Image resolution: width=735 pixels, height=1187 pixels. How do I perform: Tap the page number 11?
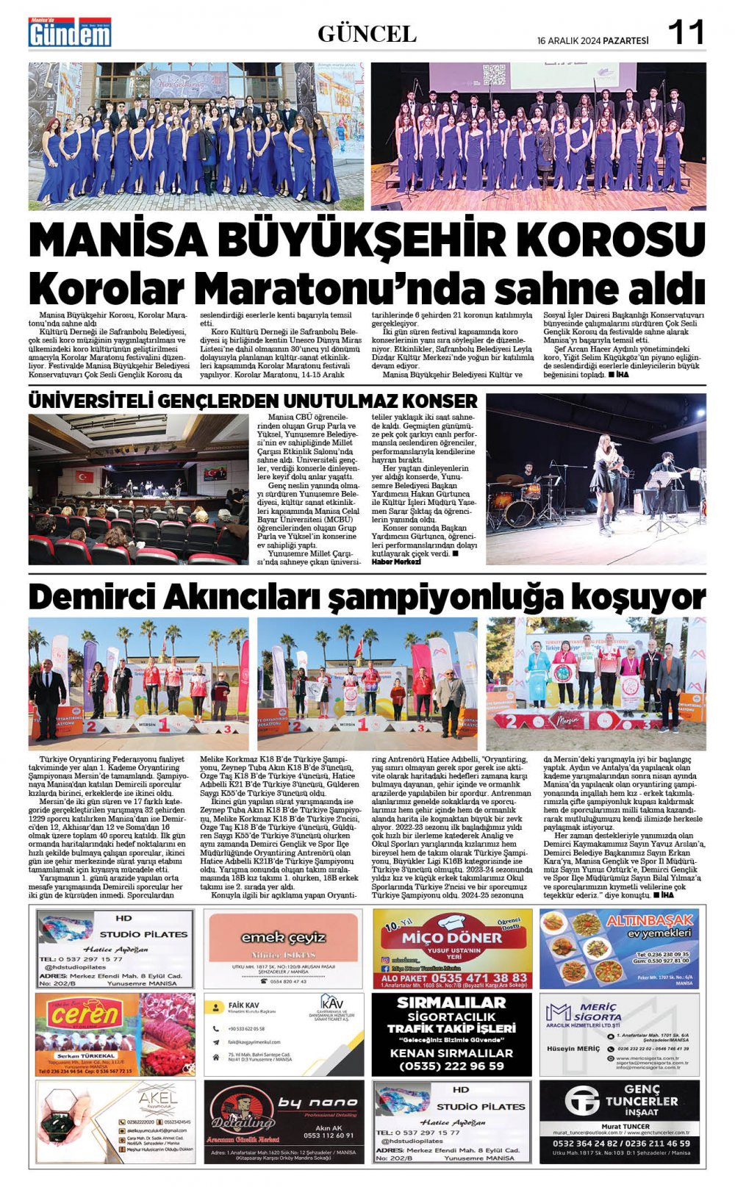[685, 33]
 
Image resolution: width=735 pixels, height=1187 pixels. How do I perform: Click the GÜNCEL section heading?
[367, 34]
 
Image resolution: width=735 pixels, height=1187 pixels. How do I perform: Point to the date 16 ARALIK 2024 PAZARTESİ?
[592, 40]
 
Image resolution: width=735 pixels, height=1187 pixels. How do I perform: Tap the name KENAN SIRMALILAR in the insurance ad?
[451, 1052]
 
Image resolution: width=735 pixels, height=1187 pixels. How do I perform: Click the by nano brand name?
[317, 1102]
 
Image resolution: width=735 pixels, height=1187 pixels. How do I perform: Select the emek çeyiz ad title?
[283, 937]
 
